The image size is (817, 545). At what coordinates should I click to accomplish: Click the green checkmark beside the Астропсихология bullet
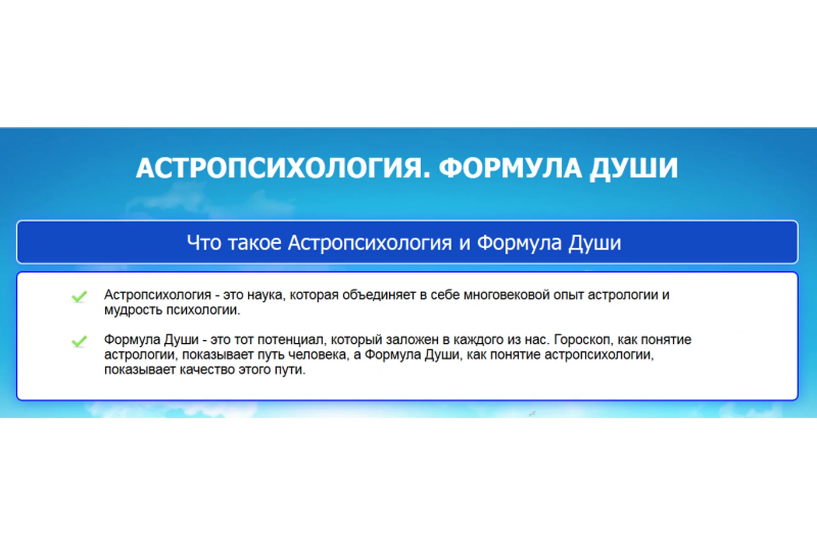coord(80,296)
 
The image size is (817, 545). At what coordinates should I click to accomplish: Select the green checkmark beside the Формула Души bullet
coord(80,341)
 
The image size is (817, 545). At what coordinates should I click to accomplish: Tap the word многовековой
coord(507,295)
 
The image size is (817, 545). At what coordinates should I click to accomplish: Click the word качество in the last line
coord(207,370)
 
